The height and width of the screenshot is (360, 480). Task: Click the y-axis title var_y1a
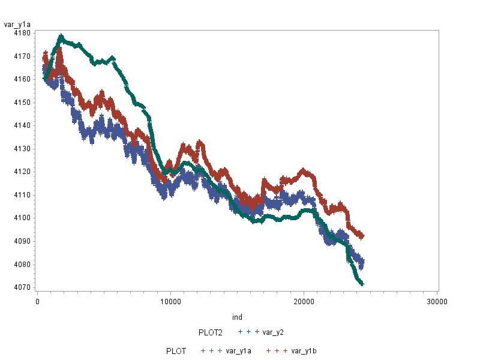(x=17, y=24)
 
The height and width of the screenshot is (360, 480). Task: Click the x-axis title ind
(x=237, y=317)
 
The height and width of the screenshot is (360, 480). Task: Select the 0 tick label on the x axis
(x=37, y=301)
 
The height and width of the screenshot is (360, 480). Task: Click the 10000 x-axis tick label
(x=170, y=301)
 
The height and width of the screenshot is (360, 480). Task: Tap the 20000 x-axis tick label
(x=303, y=301)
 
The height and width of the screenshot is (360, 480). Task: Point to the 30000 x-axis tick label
(x=436, y=301)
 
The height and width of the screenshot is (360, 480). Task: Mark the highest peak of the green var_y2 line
(x=61, y=36)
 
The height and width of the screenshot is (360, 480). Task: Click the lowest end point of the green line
(x=362, y=284)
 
